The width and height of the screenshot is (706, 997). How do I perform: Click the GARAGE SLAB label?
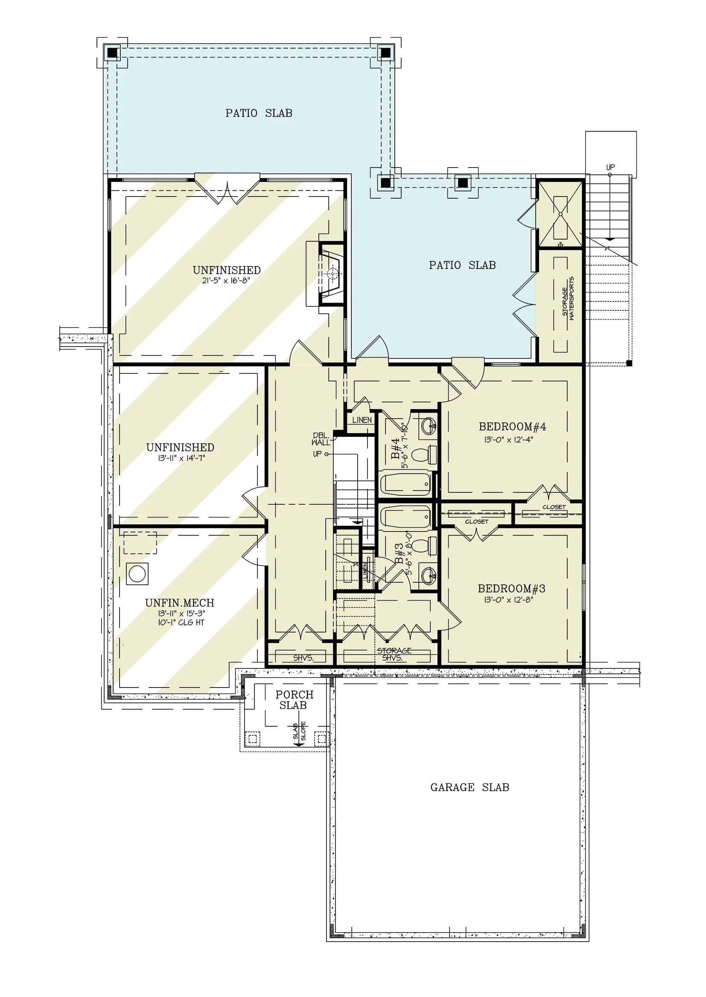(470, 787)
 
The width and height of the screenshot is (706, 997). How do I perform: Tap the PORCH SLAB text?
(295, 700)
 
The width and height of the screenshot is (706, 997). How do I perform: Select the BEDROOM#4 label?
(513, 427)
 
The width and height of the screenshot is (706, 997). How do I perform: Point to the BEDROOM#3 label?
(512, 589)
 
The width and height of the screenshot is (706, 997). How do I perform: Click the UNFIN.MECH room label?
(180, 603)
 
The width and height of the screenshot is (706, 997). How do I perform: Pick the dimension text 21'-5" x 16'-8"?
(226, 280)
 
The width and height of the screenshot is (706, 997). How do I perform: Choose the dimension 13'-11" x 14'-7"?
(181, 458)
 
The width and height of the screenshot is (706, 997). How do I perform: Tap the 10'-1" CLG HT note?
(181, 622)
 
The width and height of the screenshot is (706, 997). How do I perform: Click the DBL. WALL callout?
(321, 439)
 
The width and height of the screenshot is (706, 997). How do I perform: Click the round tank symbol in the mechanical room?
(137, 574)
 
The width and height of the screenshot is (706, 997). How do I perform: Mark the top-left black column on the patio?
(113, 52)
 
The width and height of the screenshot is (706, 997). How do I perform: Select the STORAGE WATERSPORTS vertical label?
(568, 299)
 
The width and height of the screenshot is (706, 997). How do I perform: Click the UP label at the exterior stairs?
(610, 167)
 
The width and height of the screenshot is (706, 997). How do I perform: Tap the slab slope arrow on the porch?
(298, 734)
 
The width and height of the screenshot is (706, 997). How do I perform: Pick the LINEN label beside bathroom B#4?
(362, 420)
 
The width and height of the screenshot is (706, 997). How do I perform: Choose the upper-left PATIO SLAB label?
(259, 113)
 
